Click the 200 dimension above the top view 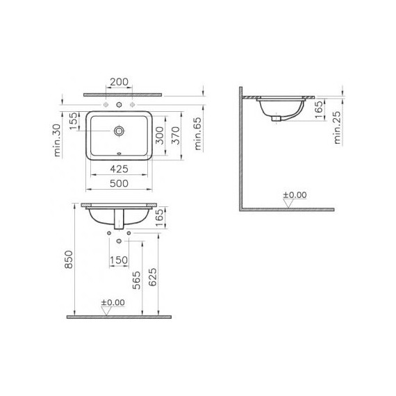click(119, 83)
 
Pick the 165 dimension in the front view click(160, 217)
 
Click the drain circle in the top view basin click(119, 129)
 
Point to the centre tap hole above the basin click(119, 104)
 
